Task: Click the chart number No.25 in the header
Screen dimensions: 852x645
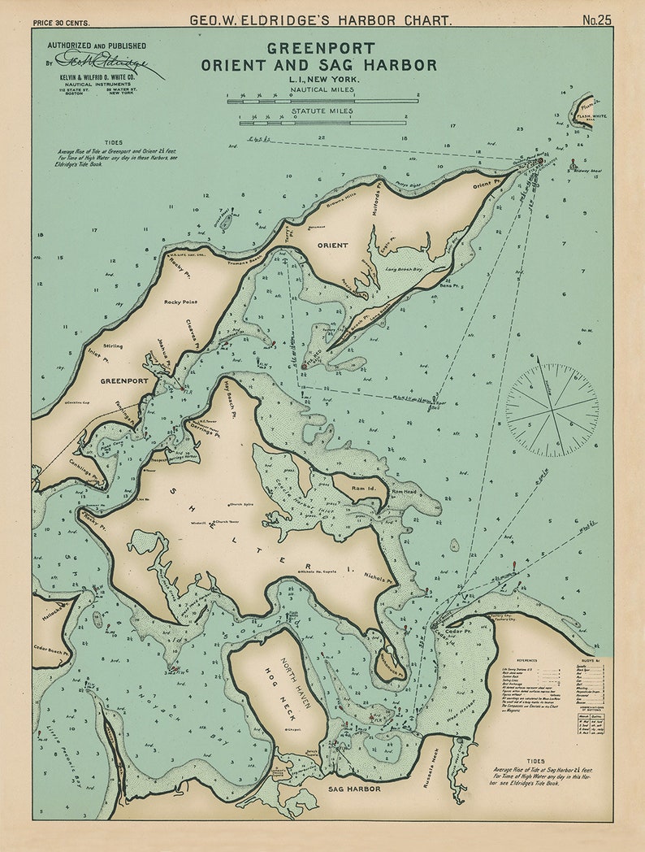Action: (x=596, y=20)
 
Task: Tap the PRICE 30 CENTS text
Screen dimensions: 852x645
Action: (x=62, y=22)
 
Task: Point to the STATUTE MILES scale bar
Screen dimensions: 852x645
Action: (x=322, y=123)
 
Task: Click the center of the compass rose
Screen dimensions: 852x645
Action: (x=552, y=409)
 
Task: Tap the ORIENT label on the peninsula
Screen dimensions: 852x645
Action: (x=332, y=245)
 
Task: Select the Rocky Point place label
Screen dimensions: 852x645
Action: (x=180, y=302)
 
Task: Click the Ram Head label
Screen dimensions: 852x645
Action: (x=404, y=492)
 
